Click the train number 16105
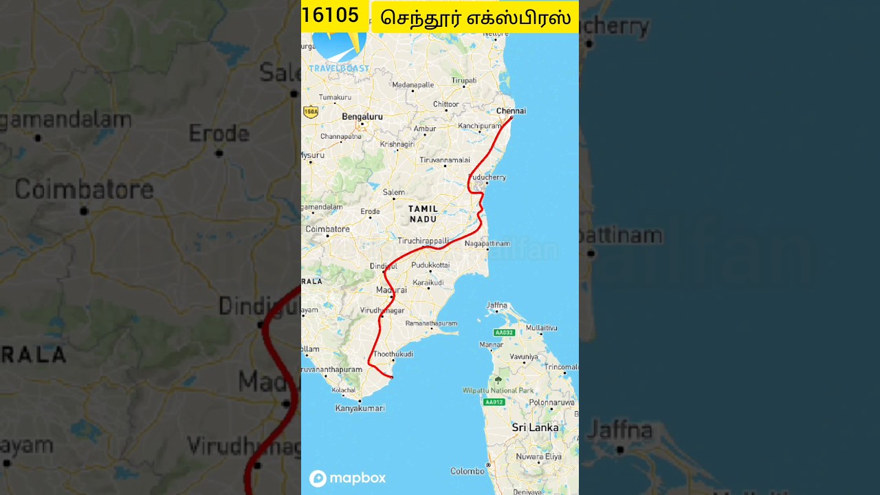[330, 16]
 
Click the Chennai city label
[511, 111]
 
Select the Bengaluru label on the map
[362, 117]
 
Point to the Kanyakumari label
[360, 408]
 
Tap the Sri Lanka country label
[535, 428]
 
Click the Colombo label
[467, 471]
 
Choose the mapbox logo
[347, 478]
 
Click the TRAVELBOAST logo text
[338, 69]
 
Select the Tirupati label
[463, 80]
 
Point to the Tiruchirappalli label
[423, 241]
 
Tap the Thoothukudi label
[393, 354]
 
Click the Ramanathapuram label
[431, 323]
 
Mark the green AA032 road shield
[504, 333]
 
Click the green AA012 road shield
[494, 402]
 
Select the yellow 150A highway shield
[311, 111]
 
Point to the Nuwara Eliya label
[538, 456]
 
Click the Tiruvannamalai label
[444, 159]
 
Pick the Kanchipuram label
[480, 126]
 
